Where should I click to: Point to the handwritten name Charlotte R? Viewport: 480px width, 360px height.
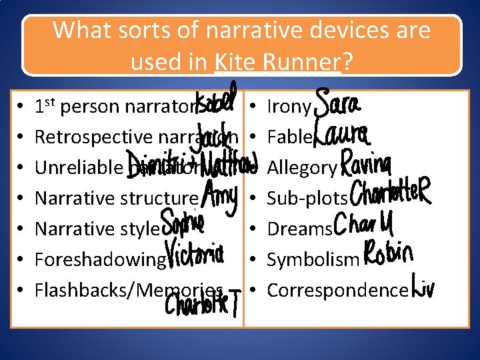[390, 194]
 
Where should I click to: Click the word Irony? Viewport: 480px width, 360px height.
[289, 107]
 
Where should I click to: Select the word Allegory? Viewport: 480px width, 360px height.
[302, 168]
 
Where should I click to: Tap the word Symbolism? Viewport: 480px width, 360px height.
[313, 259]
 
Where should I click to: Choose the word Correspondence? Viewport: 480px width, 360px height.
[337, 290]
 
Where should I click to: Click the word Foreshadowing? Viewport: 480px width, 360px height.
[99, 259]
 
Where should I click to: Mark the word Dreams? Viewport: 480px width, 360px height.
[299, 229]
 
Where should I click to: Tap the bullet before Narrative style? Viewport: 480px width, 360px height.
[23, 229]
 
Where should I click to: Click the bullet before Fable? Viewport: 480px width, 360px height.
[255, 137]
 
